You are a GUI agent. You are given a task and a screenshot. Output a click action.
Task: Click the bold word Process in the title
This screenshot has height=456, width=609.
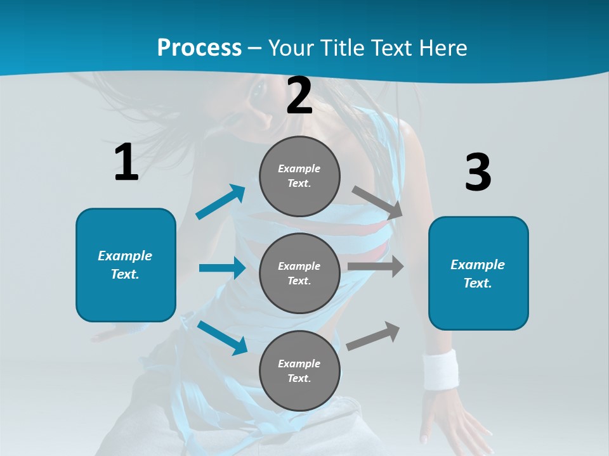(x=199, y=47)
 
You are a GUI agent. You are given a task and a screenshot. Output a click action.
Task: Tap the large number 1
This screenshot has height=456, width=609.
(x=126, y=162)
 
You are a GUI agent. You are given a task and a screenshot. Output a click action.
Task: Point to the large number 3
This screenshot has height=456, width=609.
(x=478, y=172)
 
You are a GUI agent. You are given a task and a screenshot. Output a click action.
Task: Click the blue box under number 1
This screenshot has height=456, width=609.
(x=126, y=265)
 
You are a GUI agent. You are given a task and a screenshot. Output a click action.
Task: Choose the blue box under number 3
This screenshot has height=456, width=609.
(x=478, y=273)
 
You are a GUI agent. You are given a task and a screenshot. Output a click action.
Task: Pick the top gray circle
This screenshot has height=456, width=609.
(x=299, y=176)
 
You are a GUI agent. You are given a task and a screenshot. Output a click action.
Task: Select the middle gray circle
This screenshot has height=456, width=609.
(x=299, y=273)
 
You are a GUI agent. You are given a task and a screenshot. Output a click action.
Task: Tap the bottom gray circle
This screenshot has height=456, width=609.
(x=299, y=370)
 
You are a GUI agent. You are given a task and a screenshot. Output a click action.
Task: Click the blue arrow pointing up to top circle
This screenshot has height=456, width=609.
(x=220, y=202)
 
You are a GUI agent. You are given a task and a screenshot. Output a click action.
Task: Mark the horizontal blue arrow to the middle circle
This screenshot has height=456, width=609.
(x=222, y=268)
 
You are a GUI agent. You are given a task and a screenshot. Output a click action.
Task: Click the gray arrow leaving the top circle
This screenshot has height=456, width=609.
(x=377, y=202)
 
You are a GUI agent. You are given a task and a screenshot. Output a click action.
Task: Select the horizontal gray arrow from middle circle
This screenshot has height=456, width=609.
(x=375, y=267)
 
